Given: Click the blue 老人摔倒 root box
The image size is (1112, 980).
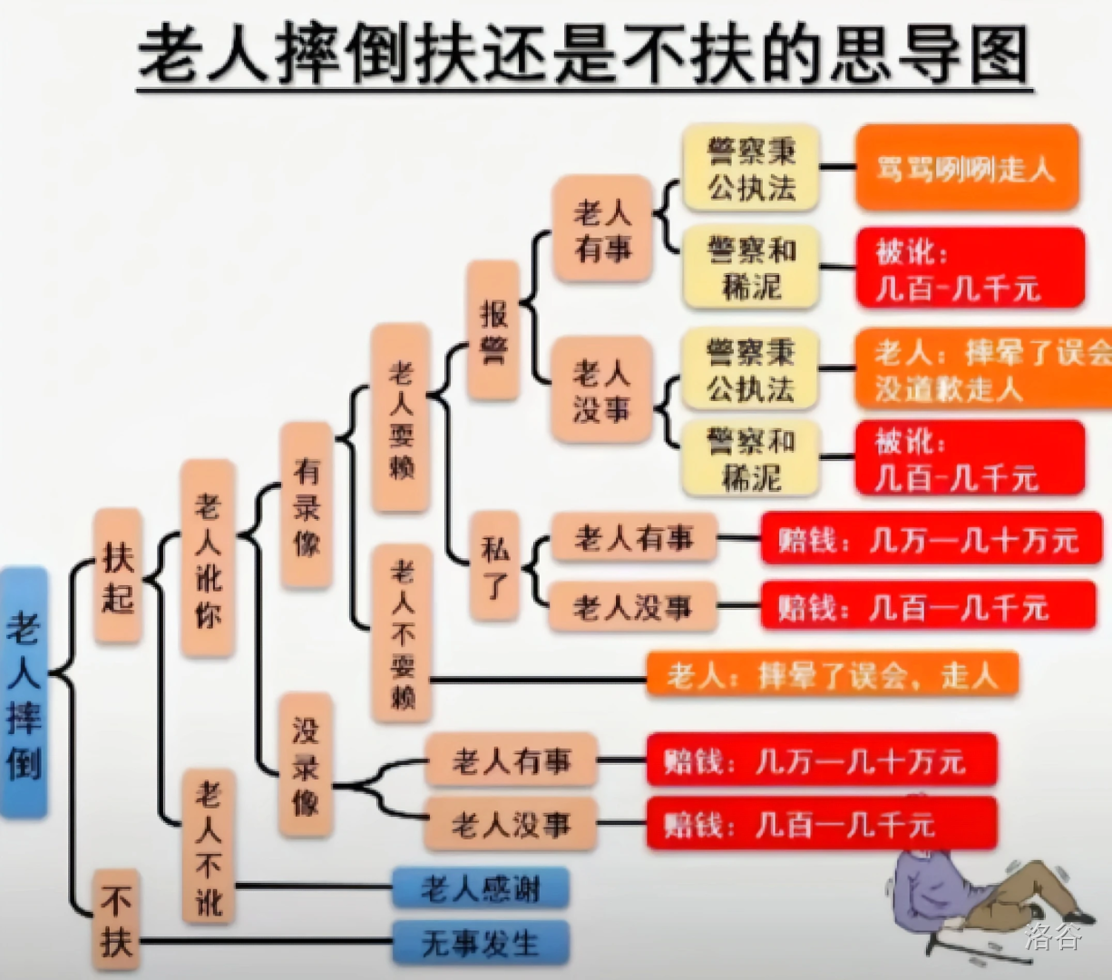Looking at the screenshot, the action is (24, 691).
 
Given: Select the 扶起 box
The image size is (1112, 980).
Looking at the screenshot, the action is (118, 574).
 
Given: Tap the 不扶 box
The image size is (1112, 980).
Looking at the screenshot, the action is (116, 919).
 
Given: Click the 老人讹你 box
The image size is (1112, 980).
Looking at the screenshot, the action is (208, 558).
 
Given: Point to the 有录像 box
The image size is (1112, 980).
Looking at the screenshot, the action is (307, 505).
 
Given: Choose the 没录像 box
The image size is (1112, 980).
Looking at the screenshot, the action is (306, 765).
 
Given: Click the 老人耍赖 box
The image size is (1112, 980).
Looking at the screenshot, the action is (400, 417).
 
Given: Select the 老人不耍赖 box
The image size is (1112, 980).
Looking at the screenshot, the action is (402, 632).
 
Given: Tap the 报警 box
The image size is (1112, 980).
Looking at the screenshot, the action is (493, 330).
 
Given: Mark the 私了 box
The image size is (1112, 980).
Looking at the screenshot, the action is (494, 566).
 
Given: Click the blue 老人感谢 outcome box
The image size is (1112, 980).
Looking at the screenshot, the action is (481, 887).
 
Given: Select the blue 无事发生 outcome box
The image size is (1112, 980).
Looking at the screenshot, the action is (481, 943).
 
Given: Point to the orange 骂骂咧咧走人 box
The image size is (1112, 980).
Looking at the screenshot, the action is (967, 167).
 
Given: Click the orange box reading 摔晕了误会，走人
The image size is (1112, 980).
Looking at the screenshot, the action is (833, 674).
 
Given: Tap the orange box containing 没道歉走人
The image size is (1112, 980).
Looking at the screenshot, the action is (983, 368).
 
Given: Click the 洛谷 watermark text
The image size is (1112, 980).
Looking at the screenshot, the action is (1053, 936).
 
